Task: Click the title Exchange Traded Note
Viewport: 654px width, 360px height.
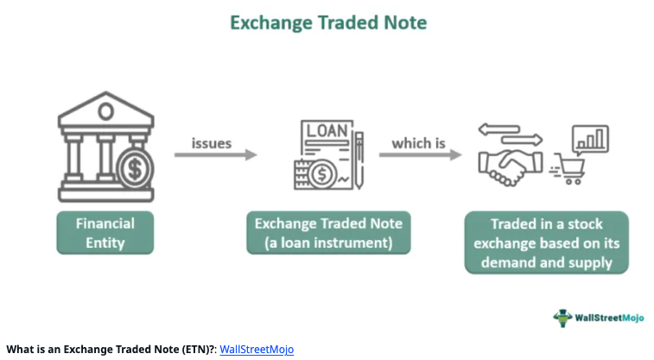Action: (x=328, y=23)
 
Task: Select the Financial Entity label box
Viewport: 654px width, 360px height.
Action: (x=104, y=233)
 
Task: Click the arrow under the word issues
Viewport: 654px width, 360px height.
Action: (x=215, y=155)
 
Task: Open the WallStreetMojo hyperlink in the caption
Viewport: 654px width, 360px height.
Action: (x=257, y=350)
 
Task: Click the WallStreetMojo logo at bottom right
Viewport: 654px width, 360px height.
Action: (x=597, y=317)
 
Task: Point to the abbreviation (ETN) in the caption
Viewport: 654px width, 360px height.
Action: (x=197, y=350)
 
